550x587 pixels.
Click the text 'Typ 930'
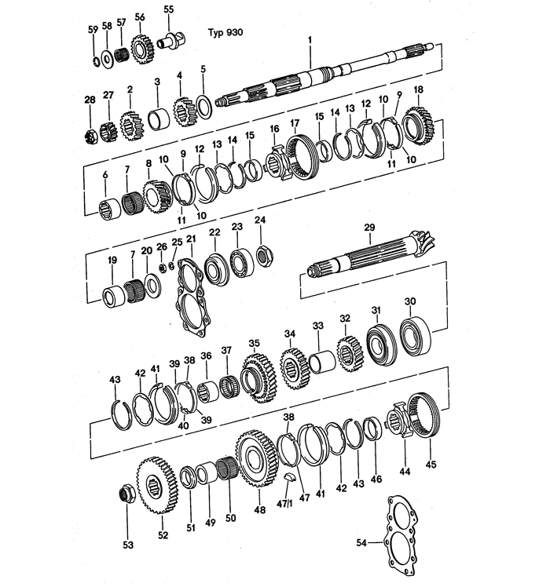225,32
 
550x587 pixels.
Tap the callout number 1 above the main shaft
310,39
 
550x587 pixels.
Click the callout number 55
169,9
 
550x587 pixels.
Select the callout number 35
254,344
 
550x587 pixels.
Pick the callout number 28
90,99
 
